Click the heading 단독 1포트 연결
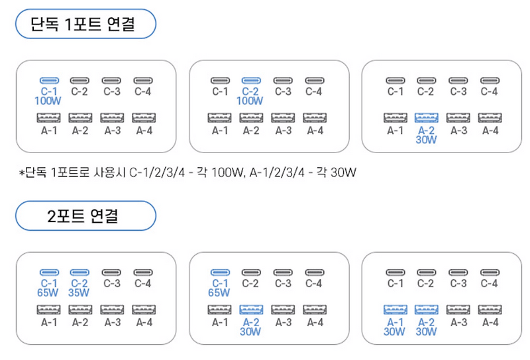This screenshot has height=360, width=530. click(83, 25)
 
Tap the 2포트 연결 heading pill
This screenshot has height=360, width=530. click(83, 215)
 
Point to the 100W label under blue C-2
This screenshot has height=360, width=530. click(250, 101)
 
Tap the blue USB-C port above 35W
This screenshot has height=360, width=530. click(79, 272)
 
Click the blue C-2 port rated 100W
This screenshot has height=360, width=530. click(250, 80)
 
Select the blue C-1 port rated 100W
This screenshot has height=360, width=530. click(48, 80)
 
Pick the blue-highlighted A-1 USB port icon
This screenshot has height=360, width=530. click(395, 310)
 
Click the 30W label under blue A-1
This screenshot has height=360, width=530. click(395, 331)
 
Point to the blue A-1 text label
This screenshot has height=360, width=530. click(395, 322)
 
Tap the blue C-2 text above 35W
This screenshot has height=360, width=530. click(79, 284)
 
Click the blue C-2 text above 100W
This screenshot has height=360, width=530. click(250, 91)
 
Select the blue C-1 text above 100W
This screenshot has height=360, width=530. click(48, 91)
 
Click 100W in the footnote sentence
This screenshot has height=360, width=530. click(220, 174)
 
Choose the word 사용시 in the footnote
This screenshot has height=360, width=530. click(114, 174)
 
